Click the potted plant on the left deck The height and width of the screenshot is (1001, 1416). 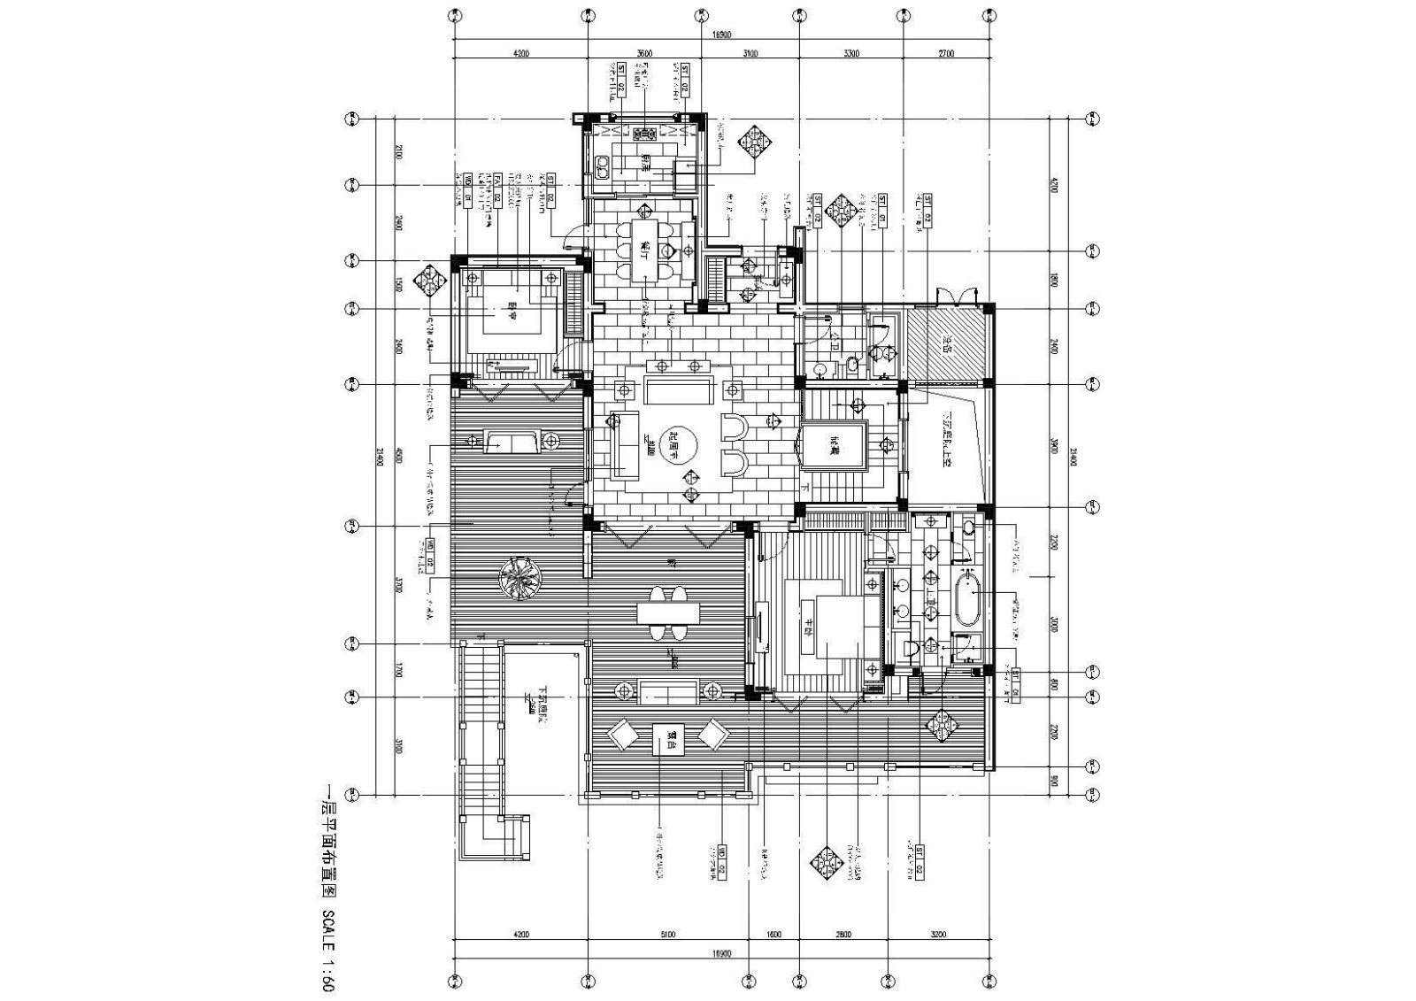(x=519, y=577)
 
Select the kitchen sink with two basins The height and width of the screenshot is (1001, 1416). (x=603, y=166)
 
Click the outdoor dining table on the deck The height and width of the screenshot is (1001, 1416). (x=668, y=612)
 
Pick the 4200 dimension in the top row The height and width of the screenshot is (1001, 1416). (x=520, y=54)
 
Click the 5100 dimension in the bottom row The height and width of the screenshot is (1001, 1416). (x=667, y=933)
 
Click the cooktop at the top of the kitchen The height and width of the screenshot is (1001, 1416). (x=643, y=135)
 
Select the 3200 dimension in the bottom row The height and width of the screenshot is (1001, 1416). (x=938, y=933)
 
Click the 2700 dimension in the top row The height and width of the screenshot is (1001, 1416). (x=945, y=54)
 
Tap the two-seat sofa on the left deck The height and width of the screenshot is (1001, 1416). (x=512, y=441)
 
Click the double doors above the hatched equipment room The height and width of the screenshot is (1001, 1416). (x=958, y=295)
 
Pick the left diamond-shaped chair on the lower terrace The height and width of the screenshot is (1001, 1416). (x=622, y=735)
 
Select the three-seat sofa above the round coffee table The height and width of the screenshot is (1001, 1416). (x=679, y=390)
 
